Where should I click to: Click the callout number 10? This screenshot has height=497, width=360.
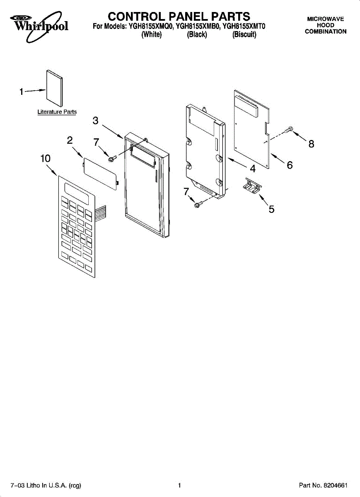click(46, 158)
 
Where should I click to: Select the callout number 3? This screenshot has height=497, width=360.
click(96, 121)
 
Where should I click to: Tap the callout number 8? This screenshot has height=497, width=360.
click(311, 144)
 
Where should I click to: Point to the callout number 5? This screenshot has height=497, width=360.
click(271, 209)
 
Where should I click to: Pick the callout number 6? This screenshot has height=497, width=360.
click(290, 165)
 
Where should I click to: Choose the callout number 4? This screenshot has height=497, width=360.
click(252, 169)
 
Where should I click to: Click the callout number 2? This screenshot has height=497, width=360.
click(70, 140)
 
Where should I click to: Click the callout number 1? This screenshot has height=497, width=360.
click(21, 92)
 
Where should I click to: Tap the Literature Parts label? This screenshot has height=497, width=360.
click(57, 112)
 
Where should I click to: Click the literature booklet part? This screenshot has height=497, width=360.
click(54, 89)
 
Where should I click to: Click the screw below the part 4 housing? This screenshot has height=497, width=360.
click(198, 203)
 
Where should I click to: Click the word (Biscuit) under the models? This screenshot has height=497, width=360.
click(244, 35)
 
